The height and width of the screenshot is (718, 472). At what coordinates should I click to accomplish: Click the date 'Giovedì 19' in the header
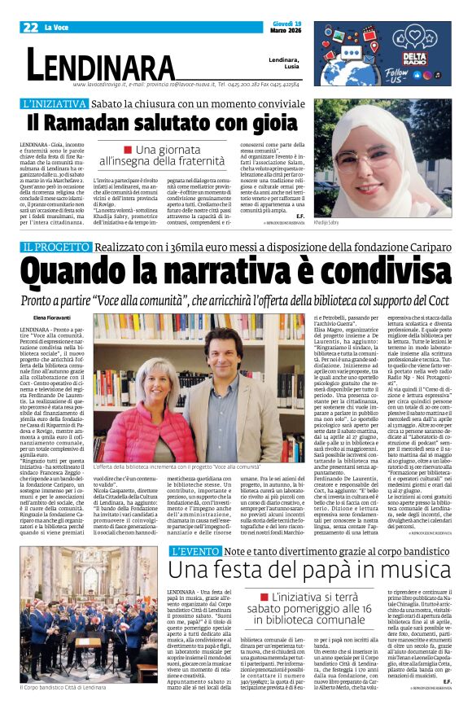(x=285, y=24)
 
